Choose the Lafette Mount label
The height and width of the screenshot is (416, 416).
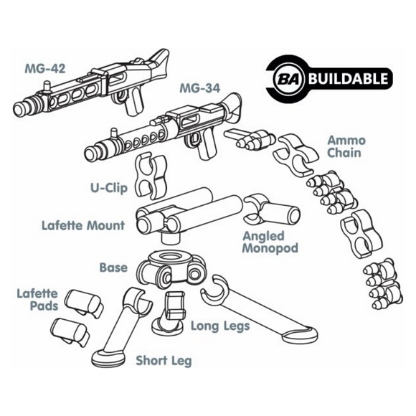click(x=83, y=226)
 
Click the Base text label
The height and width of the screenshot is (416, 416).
click(x=113, y=268)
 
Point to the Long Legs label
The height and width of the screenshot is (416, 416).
click(x=219, y=327)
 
